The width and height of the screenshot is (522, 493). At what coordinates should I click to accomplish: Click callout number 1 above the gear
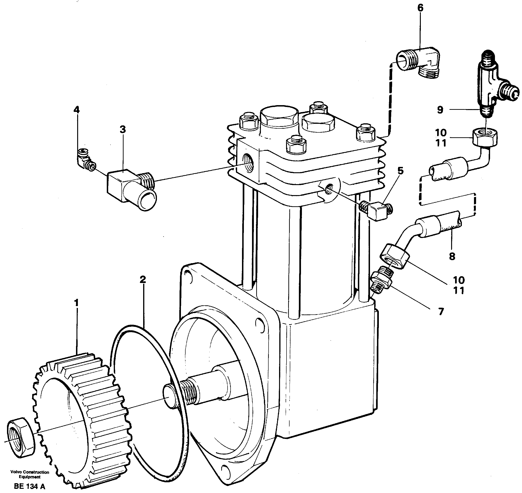tap(76, 303)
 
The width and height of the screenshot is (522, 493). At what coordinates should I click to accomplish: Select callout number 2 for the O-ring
tap(142, 279)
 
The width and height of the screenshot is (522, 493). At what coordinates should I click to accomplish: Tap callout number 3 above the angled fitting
tap(123, 130)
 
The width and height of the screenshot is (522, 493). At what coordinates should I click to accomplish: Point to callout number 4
tap(76, 110)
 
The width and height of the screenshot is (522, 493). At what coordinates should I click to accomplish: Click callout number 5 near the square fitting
tap(400, 171)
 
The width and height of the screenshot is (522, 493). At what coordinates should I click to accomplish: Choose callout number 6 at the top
tap(420, 8)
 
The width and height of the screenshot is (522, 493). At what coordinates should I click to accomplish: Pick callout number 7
tap(441, 312)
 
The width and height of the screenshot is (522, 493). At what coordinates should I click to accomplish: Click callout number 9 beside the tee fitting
tap(440, 110)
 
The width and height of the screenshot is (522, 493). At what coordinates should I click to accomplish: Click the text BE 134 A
tap(30, 486)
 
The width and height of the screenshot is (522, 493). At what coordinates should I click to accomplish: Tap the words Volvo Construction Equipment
tap(30, 474)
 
